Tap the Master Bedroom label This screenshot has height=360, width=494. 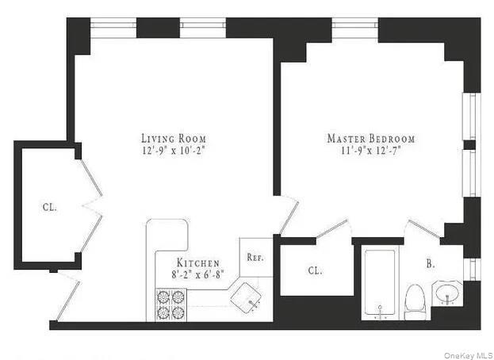[370, 138]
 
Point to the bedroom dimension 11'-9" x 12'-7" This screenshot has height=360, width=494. [370, 150]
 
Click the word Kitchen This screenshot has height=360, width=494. [197, 262]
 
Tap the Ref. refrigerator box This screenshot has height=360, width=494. [255, 257]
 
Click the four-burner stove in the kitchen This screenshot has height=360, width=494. [170, 304]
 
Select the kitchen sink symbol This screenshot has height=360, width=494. [250, 297]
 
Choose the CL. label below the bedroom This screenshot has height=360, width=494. [315, 270]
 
